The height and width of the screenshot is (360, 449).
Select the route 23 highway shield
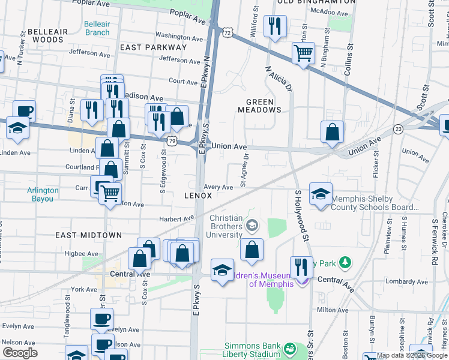398,128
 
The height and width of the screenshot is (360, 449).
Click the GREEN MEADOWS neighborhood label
259,106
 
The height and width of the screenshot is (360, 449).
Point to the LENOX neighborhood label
198,196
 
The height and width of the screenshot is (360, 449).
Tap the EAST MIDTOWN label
88,236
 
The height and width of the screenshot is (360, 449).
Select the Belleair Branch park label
97,28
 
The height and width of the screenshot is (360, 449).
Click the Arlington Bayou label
43,194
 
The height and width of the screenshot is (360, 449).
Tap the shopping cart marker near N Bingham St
304,53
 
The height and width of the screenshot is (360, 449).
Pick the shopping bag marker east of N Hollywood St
332,131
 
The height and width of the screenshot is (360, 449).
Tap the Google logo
20,352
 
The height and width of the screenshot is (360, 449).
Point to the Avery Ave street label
218,187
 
